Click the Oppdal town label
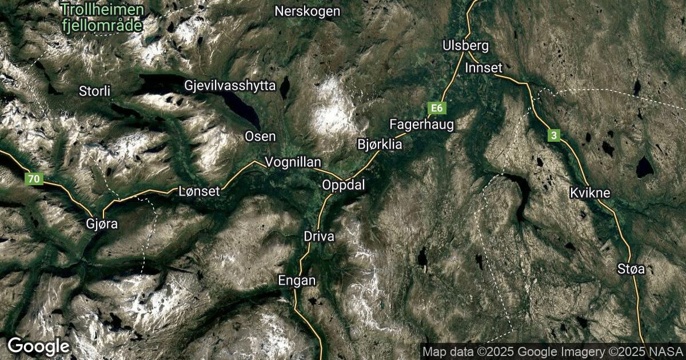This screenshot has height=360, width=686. coord(343,185)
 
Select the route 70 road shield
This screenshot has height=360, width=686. coord(34,179)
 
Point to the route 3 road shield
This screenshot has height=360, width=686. coord(553,135)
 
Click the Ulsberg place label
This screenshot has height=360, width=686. coord(466,46)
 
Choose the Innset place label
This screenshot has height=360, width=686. coord(483,68)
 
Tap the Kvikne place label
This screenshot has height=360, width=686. coord(590,193)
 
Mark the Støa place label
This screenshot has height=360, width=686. coord(631,269)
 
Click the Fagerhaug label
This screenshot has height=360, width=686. coord(421,124)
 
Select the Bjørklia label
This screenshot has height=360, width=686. coord(380,145)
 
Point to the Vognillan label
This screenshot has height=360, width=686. coord(293,162)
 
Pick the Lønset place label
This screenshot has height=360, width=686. coord(199,191)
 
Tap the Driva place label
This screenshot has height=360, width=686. coord(319,236)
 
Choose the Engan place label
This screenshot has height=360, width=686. coord(297,281)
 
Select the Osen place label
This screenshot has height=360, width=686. coord(260,136)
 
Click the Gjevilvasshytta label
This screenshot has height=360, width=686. coord(230,86)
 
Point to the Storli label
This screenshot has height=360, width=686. coord(95,91)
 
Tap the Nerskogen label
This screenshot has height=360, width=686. coord(307,11)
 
